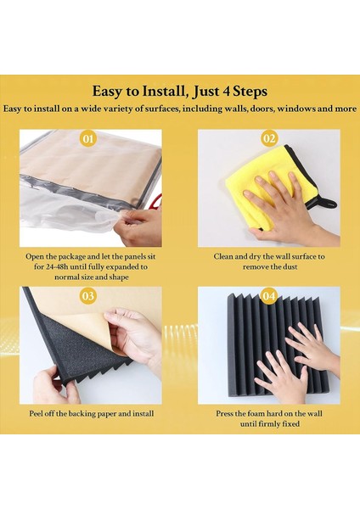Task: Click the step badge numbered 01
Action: tap(87, 139)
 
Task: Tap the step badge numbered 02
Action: tap(269, 139)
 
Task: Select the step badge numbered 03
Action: tap(87, 296)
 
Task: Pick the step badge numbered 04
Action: tap(269, 296)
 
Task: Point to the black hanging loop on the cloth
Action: tap(327, 204)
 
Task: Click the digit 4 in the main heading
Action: tap(227, 92)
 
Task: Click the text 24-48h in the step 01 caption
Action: tap(54, 267)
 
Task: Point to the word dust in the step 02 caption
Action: tap(290, 267)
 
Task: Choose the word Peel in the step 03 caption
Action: tap(36, 414)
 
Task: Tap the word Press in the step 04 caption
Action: tap(224, 414)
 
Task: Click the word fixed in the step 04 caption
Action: tap(291, 424)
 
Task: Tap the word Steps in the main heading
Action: tap(250, 92)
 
